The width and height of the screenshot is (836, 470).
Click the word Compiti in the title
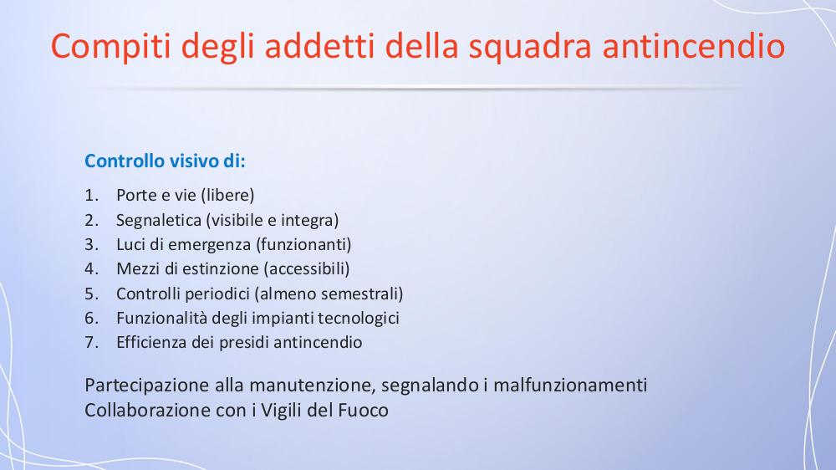point(111,46)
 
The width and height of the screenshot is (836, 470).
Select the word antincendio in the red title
point(694,45)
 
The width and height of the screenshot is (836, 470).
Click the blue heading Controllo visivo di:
point(165,161)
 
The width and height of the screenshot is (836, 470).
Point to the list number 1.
point(91,195)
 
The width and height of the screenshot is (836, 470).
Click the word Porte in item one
point(136,195)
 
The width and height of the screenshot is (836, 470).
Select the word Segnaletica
point(159,220)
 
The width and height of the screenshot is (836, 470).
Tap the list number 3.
point(92,244)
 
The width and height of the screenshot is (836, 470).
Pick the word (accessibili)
point(307,269)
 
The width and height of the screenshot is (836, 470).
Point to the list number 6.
point(92,318)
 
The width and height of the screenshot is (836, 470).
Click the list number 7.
point(92,343)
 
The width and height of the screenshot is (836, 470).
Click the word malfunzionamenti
point(570,385)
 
